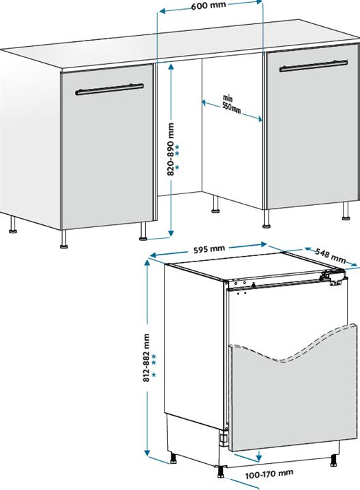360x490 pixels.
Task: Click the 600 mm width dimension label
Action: point(208,6)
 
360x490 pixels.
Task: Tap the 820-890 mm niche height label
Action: point(171,149)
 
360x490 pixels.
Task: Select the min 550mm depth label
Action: point(231,104)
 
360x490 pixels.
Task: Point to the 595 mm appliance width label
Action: point(209,249)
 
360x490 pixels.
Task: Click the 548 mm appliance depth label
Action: point(330,255)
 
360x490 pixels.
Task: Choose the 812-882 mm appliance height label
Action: point(146,358)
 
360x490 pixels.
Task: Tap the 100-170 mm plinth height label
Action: point(269,474)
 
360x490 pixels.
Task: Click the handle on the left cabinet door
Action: point(109,89)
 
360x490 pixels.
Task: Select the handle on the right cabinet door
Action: point(313,66)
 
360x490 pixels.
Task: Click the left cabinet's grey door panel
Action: point(107,147)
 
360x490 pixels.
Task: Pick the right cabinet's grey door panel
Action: point(313,127)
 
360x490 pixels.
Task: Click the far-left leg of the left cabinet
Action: point(13,224)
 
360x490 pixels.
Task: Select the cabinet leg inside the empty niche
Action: point(215,204)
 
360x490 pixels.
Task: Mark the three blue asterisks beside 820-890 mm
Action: point(177,157)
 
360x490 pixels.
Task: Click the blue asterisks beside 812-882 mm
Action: point(153,365)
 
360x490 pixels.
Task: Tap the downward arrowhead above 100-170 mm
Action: point(258,457)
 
